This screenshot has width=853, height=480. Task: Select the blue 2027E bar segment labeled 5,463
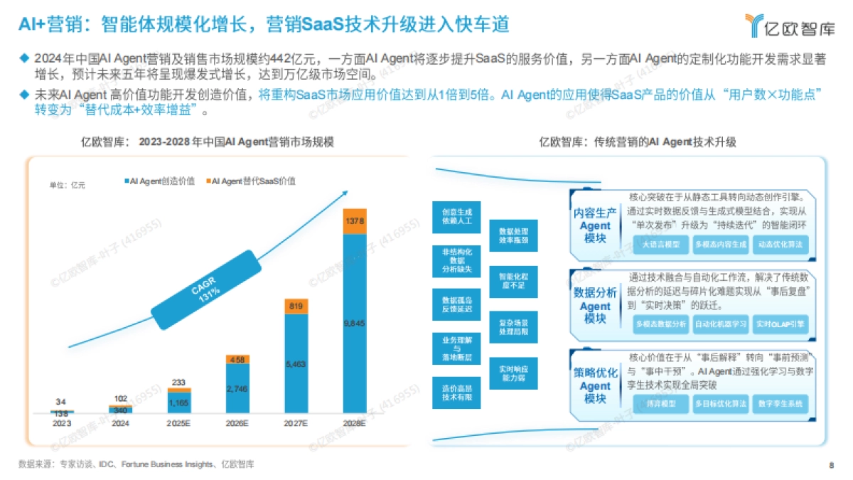(296, 363)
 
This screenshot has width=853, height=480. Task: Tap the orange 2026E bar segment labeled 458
(237, 360)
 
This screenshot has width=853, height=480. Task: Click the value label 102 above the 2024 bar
(120, 399)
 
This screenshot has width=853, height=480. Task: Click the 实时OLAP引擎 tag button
(780, 324)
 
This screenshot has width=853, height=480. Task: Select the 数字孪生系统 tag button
(780, 404)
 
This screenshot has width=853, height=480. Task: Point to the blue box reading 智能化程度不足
(513, 281)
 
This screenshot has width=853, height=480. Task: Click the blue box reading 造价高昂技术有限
(456, 393)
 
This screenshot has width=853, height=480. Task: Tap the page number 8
(831, 465)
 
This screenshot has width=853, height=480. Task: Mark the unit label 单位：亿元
(67, 185)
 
